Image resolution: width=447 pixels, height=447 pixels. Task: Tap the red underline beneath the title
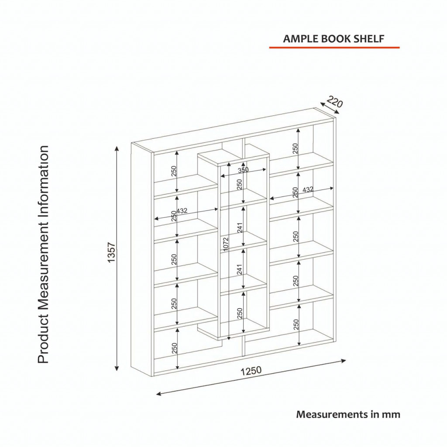pyautogui.click(x=334, y=48)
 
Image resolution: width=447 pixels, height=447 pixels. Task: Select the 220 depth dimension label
pyautogui.click(x=334, y=102)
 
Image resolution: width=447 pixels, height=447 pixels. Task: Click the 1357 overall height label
pyautogui.click(x=111, y=252)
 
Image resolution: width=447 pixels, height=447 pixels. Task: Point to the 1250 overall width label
pyautogui.click(x=251, y=371)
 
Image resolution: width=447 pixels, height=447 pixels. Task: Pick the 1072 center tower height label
pyautogui.click(x=226, y=244)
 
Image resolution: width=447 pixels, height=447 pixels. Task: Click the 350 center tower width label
pyautogui.click(x=243, y=170)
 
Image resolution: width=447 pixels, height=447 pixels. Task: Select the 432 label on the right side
pyautogui.click(x=308, y=189)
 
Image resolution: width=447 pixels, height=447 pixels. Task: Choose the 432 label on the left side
pyautogui.click(x=182, y=211)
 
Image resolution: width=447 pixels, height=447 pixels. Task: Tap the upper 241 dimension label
pyautogui.click(x=240, y=228)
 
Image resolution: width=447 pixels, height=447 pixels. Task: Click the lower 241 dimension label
pyautogui.click(x=240, y=270)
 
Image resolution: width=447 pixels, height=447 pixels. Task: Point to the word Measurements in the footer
pyautogui.click(x=332, y=414)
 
